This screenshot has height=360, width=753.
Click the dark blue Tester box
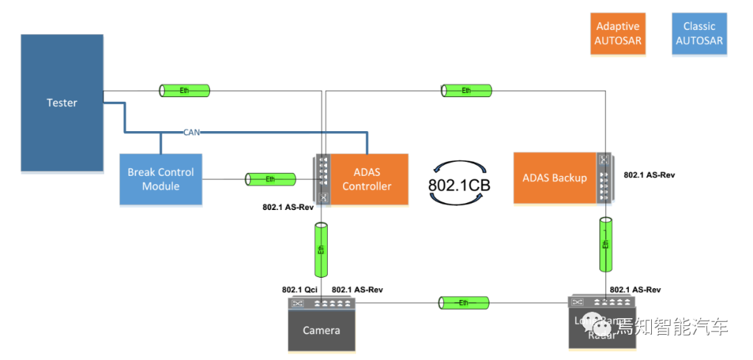point(62,103)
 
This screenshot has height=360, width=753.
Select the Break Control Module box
point(160,179)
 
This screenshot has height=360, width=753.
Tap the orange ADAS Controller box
point(367,179)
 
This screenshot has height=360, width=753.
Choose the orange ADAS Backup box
point(554,178)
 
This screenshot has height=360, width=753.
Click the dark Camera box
point(321,330)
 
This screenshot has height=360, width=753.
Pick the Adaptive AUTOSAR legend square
point(618,33)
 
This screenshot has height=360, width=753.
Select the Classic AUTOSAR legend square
point(699,33)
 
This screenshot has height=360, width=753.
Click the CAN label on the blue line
point(192,131)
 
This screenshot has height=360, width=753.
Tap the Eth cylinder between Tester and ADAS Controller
point(185,90)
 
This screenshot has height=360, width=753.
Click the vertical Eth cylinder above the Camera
point(321,249)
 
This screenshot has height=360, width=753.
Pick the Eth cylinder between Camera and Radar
point(464,302)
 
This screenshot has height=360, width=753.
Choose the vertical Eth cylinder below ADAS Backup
point(606,244)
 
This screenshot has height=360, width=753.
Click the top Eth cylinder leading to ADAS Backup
point(466,90)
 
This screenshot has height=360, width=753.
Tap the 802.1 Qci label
point(300,290)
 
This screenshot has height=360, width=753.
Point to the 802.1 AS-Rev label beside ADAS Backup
point(649,175)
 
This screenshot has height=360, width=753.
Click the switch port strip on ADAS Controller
point(323,179)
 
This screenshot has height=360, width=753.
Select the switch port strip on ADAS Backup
point(604,178)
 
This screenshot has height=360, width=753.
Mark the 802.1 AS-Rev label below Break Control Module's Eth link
point(288,207)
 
